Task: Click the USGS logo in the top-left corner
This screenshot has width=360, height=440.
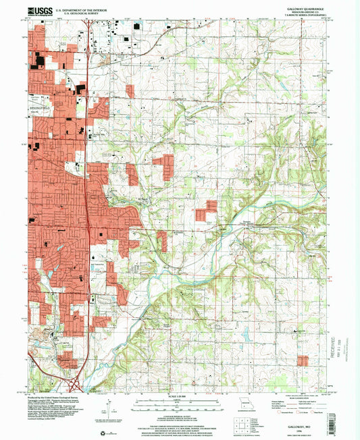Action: pyautogui.click(x=41, y=10)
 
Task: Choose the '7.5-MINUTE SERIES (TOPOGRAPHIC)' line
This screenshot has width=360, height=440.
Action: pyautogui.click(x=306, y=14)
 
